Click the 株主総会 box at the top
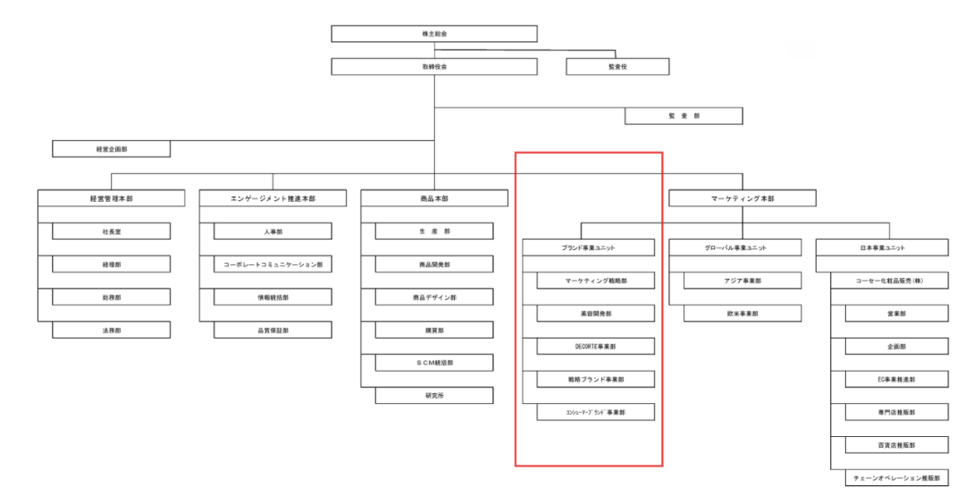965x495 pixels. (433, 34)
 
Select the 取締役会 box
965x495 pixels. (433, 67)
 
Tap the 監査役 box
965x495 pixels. (617, 67)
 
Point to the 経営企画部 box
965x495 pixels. (111, 149)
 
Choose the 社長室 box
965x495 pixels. (111, 231)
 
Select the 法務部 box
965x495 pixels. (111, 330)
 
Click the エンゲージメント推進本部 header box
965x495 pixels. (273, 198)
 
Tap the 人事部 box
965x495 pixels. (273, 231)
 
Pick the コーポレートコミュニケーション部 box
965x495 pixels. (273, 264)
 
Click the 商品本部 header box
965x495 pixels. (433, 198)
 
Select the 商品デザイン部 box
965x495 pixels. (433, 297)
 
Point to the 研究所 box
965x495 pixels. (433, 396)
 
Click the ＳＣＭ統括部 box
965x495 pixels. (433, 363)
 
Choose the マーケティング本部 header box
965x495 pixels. (742, 198)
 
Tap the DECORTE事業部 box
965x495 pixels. (596, 347)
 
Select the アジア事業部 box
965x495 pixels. (742, 281)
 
